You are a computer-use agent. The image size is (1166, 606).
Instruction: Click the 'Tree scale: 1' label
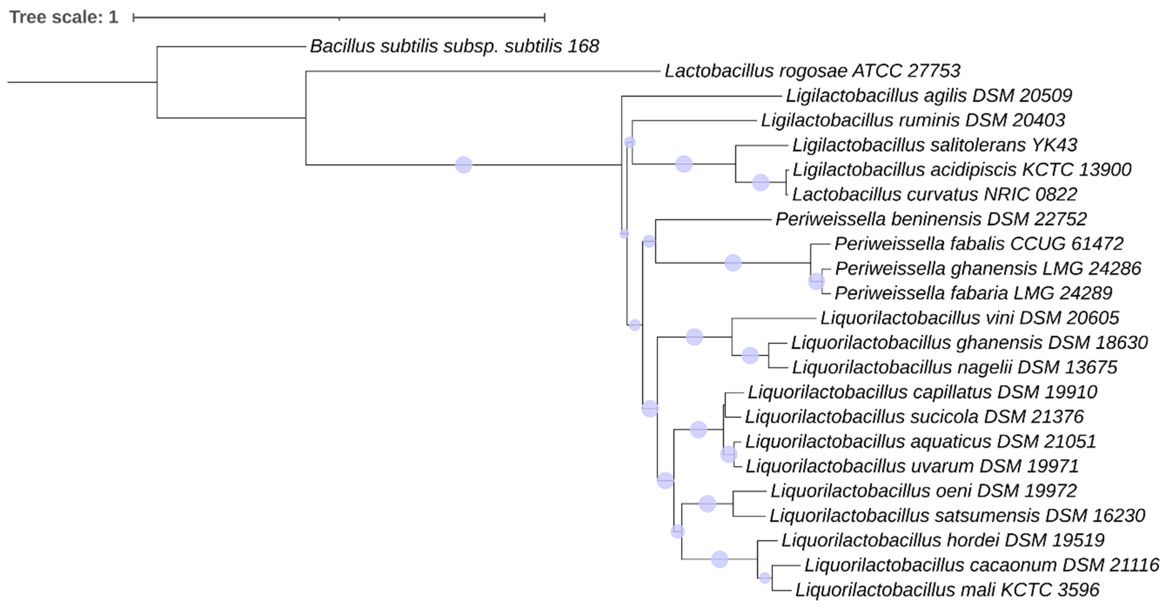(63, 17)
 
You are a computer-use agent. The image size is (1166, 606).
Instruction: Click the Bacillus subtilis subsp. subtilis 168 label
(454, 46)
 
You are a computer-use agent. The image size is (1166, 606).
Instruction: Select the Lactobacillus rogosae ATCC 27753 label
(812, 71)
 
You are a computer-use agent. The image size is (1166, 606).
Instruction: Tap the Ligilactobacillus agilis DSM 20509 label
(929, 96)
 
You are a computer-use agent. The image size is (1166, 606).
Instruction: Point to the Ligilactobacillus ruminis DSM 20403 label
(912, 121)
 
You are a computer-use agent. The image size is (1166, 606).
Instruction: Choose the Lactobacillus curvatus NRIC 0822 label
(934, 195)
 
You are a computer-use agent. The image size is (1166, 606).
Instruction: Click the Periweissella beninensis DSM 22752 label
(931, 219)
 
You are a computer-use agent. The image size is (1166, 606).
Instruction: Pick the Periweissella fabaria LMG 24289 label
(973, 293)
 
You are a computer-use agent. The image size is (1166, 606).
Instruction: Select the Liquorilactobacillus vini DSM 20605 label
(969, 318)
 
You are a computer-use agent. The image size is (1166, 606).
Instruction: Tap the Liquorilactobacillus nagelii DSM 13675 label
(954, 367)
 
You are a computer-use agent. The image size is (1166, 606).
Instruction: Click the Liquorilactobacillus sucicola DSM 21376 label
(914, 417)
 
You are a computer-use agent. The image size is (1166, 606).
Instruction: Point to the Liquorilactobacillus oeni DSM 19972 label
(923, 491)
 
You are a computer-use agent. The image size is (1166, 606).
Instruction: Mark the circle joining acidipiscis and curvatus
(761, 183)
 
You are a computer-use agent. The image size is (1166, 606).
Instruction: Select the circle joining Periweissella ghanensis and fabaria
(816, 281)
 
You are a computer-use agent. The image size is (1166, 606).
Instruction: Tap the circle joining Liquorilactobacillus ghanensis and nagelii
(750, 356)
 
